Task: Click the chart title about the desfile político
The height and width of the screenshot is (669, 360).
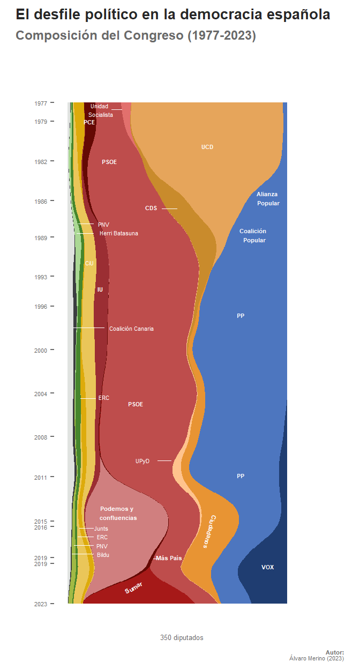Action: (173, 15)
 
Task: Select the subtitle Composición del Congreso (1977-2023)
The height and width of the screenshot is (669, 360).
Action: (136, 36)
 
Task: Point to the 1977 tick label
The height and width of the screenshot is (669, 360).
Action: (41, 103)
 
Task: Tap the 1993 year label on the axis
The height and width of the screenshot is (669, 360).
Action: (41, 277)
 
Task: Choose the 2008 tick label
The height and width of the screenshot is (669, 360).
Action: (41, 437)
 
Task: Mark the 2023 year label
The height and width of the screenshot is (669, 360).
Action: (41, 604)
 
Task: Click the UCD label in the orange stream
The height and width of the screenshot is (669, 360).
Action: (207, 147)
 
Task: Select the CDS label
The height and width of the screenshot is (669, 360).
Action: (151, 208)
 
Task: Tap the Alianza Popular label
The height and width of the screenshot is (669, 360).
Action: (267, 198)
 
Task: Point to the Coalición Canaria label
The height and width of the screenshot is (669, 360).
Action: (131, 329)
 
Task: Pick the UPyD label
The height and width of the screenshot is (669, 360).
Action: (142, 461)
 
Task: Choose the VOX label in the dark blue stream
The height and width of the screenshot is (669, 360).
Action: (267, 567)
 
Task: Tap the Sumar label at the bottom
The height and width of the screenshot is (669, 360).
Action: (134, 589)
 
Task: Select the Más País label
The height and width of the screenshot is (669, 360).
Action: (169, 558)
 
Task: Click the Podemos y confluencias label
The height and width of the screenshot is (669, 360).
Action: (118, 513)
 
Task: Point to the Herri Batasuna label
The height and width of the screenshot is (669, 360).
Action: (119, 234)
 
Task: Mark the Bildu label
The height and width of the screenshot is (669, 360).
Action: (103, 555)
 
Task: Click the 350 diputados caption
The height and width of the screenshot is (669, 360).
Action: (182, 637)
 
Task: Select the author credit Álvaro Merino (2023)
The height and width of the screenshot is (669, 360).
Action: (316, 658)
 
